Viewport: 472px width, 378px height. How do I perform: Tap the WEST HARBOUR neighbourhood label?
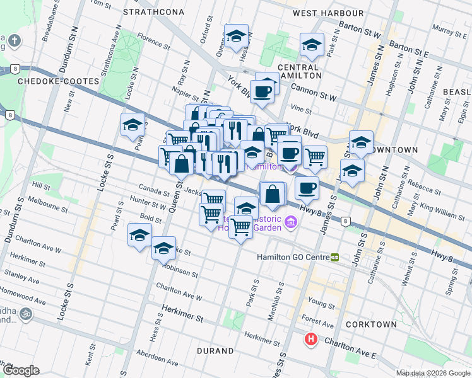tap(328, 13)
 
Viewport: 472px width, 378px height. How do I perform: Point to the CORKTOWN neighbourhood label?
tap(371, 324)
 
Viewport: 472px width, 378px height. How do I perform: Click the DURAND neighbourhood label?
tap(215, 350)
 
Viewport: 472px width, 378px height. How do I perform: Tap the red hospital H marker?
tap(311, 340)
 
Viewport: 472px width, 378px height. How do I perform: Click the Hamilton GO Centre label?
tap(292, 257)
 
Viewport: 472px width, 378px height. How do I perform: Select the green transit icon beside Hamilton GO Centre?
tap(335, 257)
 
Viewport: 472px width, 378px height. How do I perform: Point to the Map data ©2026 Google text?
tap(433, 373)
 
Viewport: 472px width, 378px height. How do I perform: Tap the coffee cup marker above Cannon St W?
tap(263, 91)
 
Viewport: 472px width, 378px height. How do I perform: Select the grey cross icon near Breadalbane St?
tap(14, 42)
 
